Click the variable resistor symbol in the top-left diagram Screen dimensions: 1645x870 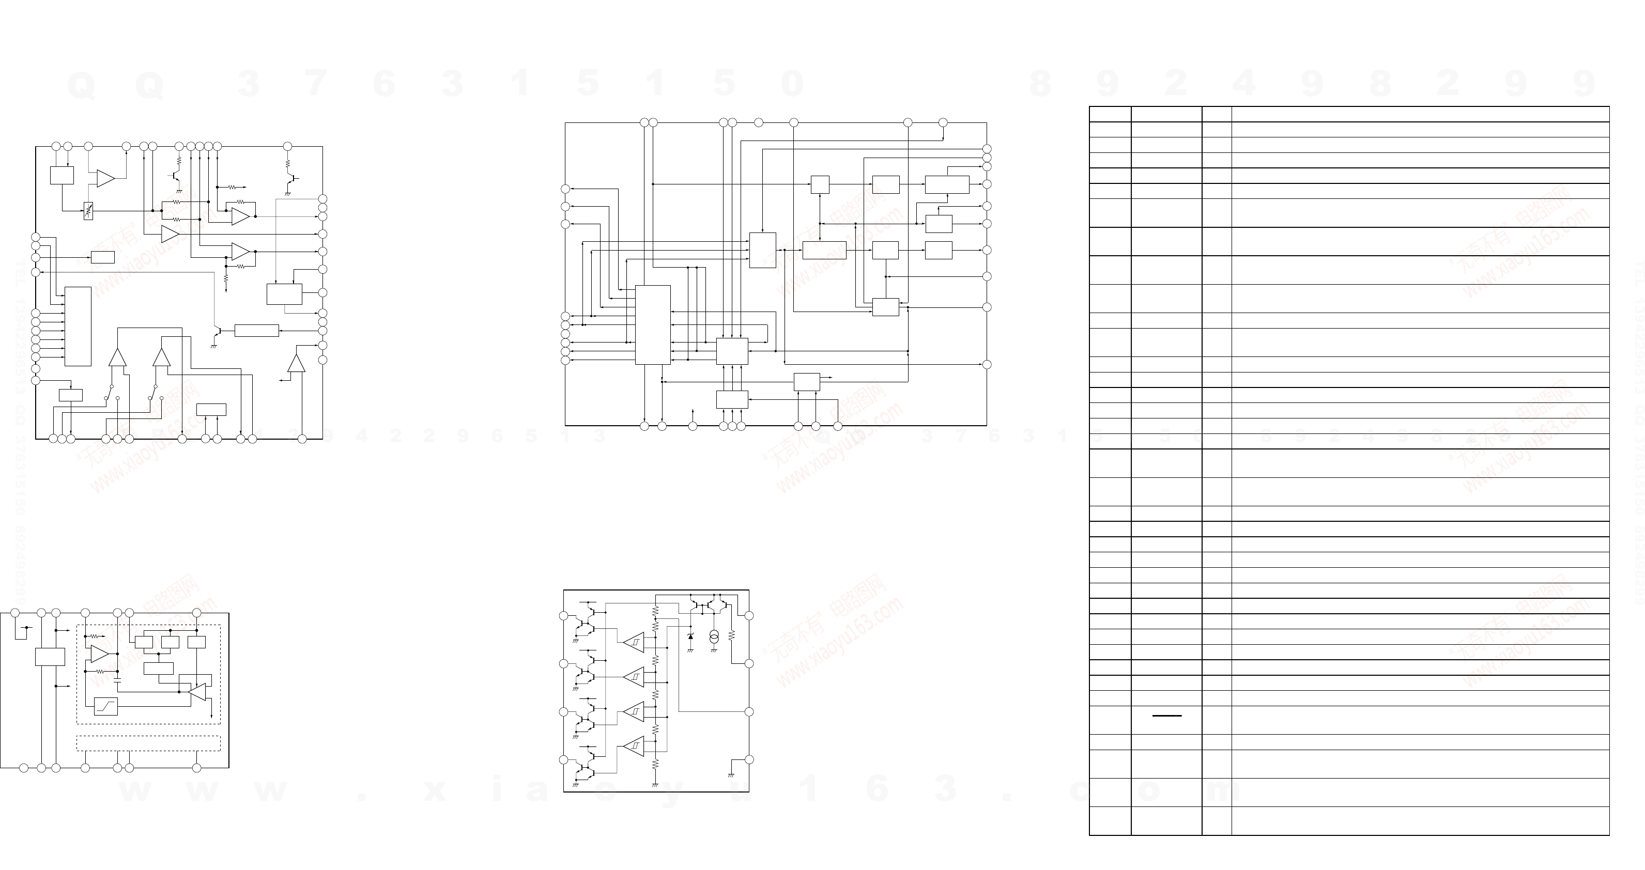89,211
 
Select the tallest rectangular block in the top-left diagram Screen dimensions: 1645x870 78,326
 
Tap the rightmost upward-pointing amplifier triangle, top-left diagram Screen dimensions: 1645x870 296,363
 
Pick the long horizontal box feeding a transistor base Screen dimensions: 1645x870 257,331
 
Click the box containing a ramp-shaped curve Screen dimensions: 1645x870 106,707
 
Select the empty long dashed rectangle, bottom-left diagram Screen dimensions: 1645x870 148,743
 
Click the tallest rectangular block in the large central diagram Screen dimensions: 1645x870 653,324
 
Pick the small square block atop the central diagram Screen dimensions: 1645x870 820,184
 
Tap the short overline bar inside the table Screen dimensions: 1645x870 1167,716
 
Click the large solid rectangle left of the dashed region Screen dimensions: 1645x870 50,657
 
